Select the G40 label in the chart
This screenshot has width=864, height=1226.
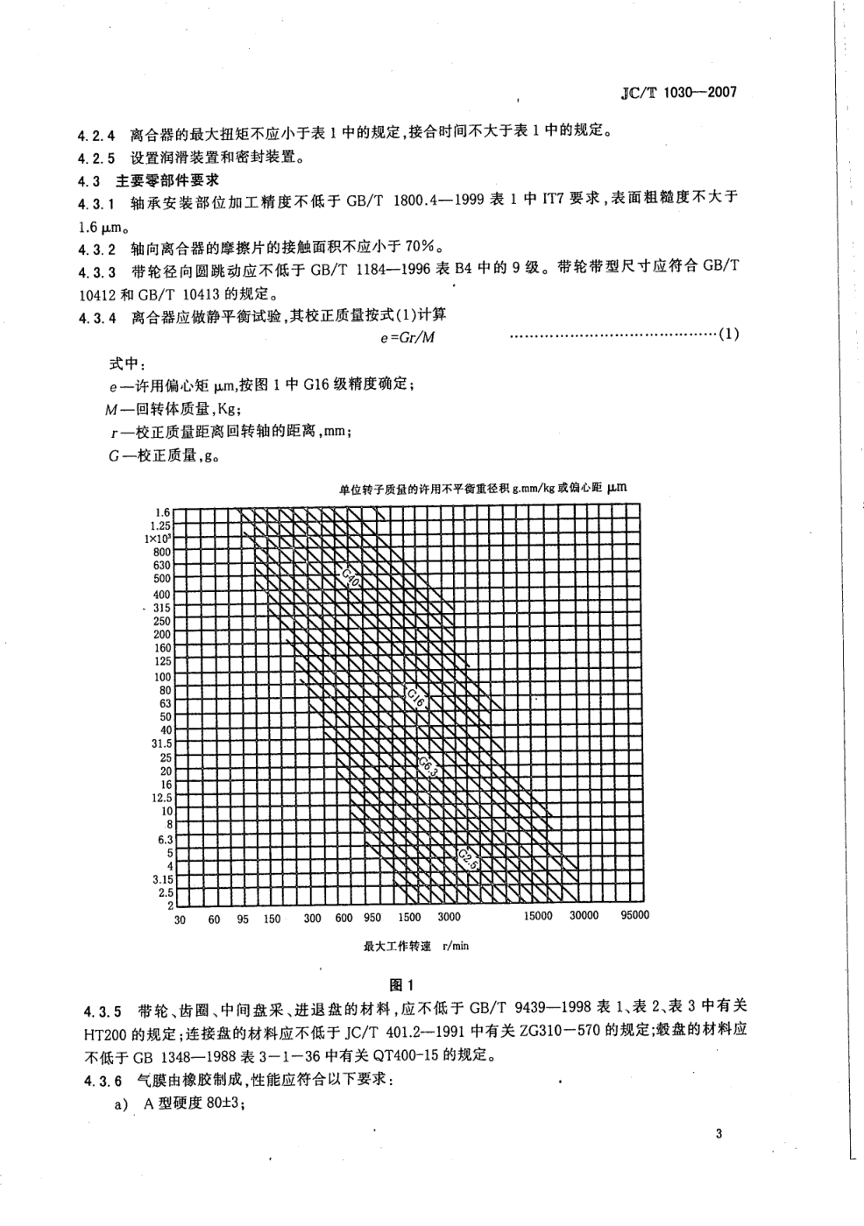351,579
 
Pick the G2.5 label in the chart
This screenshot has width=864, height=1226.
467,858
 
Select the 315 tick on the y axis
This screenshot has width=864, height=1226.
162,608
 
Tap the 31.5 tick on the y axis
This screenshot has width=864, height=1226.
161,743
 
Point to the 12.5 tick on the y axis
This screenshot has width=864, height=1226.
161,798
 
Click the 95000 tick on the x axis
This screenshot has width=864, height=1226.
634,915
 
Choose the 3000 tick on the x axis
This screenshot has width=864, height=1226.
449,917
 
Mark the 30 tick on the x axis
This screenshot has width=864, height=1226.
180,919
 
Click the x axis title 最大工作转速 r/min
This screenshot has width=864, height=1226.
415,946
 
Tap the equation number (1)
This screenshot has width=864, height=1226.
729,335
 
